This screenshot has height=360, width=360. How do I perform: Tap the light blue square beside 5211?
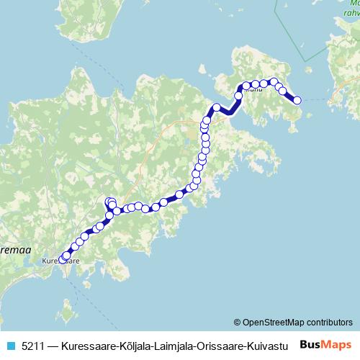point(11,345)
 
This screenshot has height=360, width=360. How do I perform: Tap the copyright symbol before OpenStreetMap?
point(238,322)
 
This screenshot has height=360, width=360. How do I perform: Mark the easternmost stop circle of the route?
point(297,101)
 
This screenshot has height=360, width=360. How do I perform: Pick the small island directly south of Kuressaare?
point(67,315)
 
